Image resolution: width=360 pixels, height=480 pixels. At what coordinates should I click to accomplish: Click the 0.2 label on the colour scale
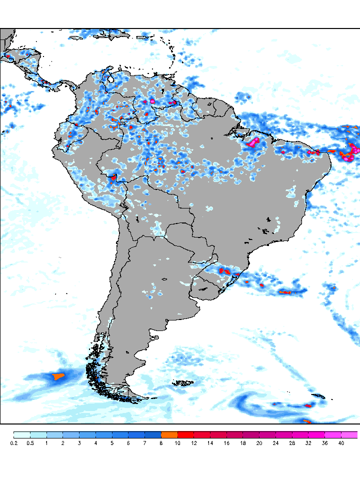tap(13, 443)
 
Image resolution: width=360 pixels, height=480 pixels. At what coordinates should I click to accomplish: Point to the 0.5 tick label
tap(30, 443)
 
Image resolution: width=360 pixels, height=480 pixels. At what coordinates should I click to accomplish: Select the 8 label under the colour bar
tap(161, 443)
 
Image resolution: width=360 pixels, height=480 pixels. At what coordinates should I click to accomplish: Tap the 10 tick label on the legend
tap(177, 443)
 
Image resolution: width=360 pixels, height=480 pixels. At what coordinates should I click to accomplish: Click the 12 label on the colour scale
tap(194, 443)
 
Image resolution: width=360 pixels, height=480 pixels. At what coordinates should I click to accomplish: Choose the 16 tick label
tap(226, 443)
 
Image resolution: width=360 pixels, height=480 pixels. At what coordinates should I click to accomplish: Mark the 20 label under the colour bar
tap(259, 443)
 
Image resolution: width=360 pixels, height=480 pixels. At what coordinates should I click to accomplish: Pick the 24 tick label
tap(275, 443)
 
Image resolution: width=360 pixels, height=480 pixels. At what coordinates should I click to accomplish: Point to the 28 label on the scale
tap(292, 443)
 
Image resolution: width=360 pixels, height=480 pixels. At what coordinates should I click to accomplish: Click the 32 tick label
tap(308, 443)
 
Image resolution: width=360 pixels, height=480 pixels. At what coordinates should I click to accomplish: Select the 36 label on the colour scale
tap(324, 443)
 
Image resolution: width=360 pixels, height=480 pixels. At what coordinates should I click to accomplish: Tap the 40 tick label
tap(341, 443)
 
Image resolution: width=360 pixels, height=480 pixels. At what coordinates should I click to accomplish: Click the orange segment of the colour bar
tap(169, 434)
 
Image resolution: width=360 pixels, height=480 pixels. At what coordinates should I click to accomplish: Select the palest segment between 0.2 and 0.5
tap(22, 434)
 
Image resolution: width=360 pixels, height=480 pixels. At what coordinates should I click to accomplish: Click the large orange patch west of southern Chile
tap(59, 375)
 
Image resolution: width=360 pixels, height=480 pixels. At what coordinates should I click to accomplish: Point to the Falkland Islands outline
tap(183, 383)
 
